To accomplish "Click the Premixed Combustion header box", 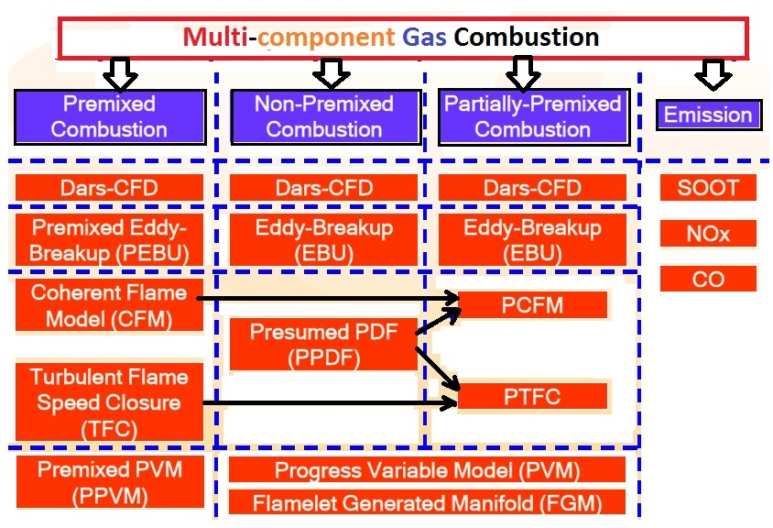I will pos(109,116).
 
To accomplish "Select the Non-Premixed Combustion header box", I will pos(323,116).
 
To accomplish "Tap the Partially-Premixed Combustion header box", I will pos(533,116).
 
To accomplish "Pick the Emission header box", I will pos(708,115).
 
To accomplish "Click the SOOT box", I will pos(708,188).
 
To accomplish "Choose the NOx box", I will pos(708,233).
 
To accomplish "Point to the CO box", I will pos(708,279).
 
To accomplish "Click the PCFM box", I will pos(532,305).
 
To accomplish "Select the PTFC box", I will pos(532,397).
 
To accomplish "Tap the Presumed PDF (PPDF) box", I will pos(323,345).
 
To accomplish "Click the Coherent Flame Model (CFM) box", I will pos(109,306).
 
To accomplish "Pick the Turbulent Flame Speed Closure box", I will pos(109,401).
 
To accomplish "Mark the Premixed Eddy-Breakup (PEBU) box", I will pos(109,239).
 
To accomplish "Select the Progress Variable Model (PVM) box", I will pos(427,470).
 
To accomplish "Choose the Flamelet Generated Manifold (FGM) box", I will pos(427,502).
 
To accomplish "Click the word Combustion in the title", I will pos(527,38).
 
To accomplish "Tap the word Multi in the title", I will pos(214,38).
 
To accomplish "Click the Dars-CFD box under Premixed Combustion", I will pos(109,188).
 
